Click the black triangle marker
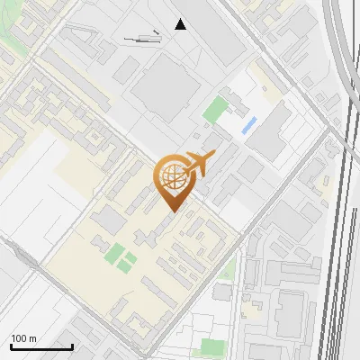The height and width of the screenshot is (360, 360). (181, 24)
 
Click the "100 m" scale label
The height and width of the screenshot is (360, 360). (23, 338)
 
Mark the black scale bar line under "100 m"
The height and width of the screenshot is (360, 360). (41, 346)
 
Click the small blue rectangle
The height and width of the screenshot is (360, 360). (249, 125)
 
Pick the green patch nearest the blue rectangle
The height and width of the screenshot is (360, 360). (215, 111)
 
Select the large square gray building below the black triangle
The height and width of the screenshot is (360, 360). (166, 85)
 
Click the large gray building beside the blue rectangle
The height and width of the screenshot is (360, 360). (270, 130)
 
